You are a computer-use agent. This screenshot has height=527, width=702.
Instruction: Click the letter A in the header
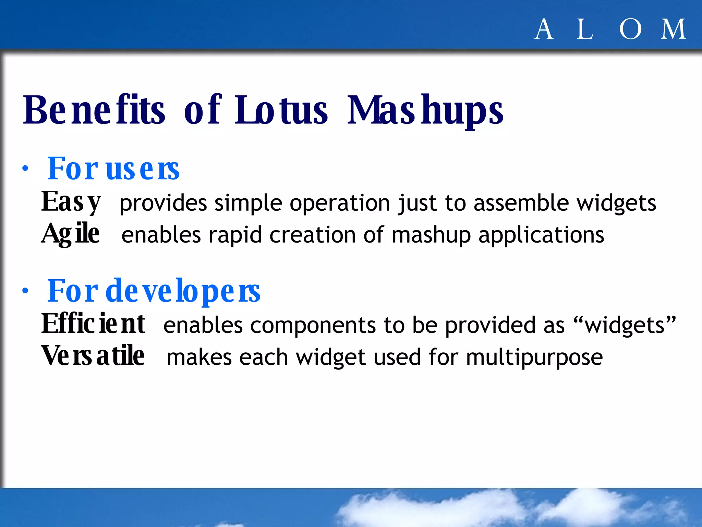[544, 30]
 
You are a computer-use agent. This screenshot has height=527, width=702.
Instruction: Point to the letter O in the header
[630, 30]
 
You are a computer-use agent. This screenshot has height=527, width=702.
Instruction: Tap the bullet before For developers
[25, 291]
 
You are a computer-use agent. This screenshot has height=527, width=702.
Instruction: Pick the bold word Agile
[71, 234]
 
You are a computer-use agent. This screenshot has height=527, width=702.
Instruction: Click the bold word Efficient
[93, 324]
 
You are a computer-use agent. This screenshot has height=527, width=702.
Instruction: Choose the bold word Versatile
[93, 356]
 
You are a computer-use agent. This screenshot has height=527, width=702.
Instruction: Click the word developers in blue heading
[183, 291]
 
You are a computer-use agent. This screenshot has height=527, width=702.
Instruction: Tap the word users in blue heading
[143, 169]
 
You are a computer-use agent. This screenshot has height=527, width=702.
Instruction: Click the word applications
[541, 235]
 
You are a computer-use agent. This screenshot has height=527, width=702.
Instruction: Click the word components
[313, 325]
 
